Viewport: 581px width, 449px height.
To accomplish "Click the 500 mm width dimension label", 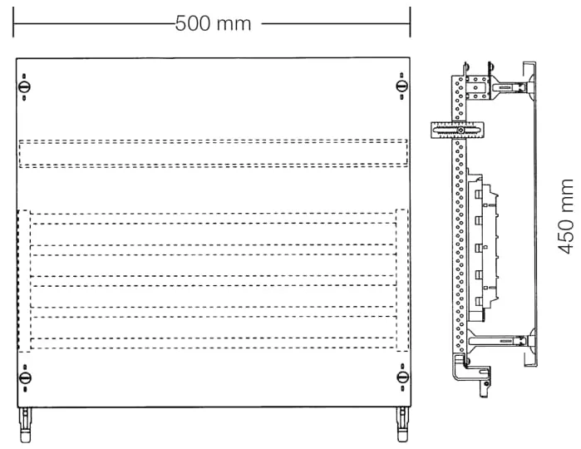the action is [213, 23].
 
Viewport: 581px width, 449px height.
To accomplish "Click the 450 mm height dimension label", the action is [566, 216].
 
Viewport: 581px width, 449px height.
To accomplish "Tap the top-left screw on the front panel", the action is [24, 87].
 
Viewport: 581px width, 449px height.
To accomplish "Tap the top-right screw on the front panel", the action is [402, 86].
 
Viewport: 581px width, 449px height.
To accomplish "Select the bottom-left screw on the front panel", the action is [25, 378].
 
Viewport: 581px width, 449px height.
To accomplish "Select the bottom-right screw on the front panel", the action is [403, 377].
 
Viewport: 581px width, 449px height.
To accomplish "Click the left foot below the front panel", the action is [25, 425].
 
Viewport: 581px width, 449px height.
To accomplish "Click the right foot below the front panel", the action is [402, 425].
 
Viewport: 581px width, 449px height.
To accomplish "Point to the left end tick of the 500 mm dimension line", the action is [13, 22].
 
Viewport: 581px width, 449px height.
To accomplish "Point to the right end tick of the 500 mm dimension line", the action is [410, 22].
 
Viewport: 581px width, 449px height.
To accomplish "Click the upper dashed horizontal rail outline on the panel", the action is [214, 154].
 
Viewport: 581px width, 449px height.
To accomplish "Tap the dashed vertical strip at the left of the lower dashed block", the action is [24, 281].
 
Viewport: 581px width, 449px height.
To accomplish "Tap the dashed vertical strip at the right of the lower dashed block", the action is [402, 280].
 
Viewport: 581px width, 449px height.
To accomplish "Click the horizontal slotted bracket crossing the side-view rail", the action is [458, 131].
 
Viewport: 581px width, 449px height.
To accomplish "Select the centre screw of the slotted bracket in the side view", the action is [460, 131].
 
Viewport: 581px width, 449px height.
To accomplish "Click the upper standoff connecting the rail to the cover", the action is [510, 88].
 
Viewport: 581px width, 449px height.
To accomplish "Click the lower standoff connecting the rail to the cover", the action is [501, 340].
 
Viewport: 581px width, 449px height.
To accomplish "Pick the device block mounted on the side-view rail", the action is [482, 247].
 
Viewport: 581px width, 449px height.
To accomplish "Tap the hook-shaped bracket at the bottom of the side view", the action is [471, 374].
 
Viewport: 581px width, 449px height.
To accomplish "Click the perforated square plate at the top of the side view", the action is [478, 87].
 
